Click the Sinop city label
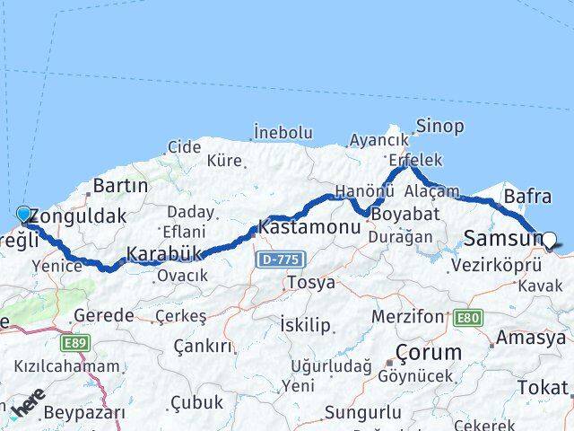coord(441,126)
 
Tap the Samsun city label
coord(502,239)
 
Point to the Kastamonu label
coord(309,227)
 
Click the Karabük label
coord(163,254)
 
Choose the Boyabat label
coord(405,215)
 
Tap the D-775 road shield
coord(282,259)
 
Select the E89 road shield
coord(75,343)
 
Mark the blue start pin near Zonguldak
coord(23,214)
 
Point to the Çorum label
coord(429,351)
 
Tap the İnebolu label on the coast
coord(283,131)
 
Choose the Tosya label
coord(310,282)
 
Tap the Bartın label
coord(120,186)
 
